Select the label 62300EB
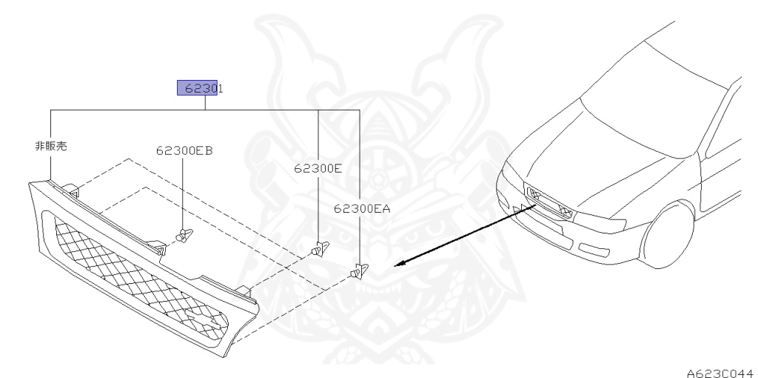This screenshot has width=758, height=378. [184, 150]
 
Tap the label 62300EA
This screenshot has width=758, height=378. [361, 209]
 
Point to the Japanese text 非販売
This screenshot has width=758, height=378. [51, 146]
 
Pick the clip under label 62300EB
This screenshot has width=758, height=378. [183, 236]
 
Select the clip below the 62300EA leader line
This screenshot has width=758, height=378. [359, 272]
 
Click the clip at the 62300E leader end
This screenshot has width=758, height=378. [319, 249]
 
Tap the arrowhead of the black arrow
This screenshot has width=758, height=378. [400, 264]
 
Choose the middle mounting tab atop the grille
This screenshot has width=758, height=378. [156, 247]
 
